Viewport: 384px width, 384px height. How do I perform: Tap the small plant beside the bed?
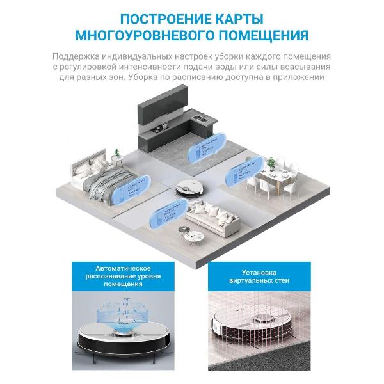[x=116, y=154]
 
